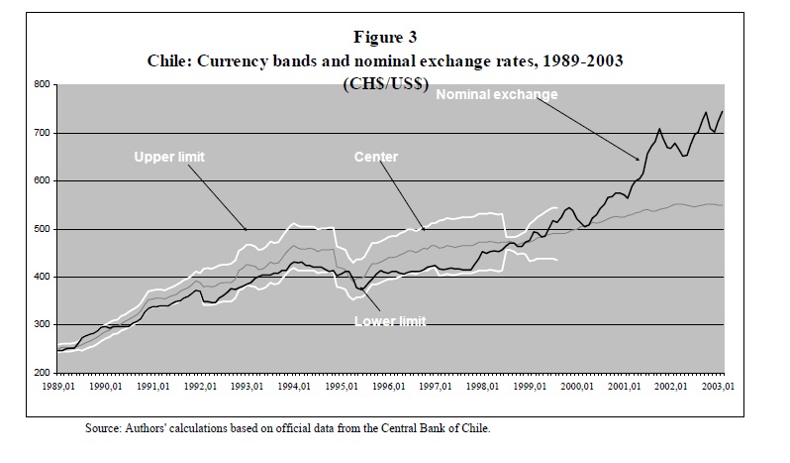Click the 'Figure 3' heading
pyautogui.click(x=394, y=40)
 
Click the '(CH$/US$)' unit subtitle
pyautogui.click(x=386, y=84)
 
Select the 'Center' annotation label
pyautogui.click(x=377, y=157)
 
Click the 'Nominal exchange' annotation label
pyautogui.click(x=497, y=95)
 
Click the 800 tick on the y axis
pyautogui.click(x=41, y=85)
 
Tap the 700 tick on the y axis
pyautogui.click(x=41, y=133)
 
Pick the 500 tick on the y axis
pyautogui.click(x=41, y=229)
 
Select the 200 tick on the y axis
pyautogui.click(x=41, y=373)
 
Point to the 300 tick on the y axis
pyautogui.click(x=41, y=325)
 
